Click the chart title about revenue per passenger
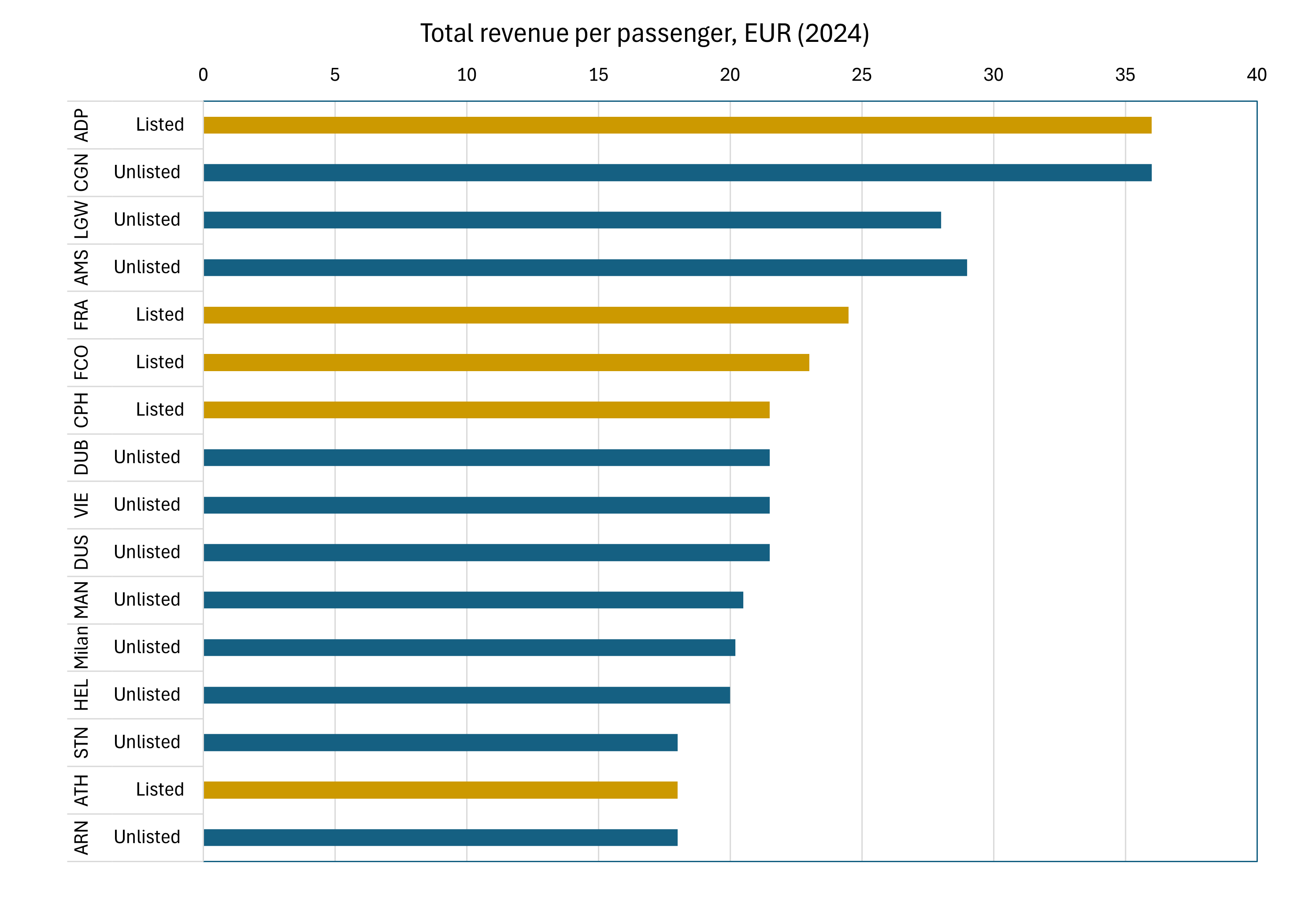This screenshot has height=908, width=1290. pos(645,34)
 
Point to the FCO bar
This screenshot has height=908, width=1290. pos(506,363)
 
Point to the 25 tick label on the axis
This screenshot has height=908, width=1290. pos(861,75)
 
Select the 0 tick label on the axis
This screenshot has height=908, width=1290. pos(204,75)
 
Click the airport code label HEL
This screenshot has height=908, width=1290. pos(82,695)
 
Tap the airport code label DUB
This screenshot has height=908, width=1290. pos(82,458)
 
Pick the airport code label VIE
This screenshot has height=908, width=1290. pos(82,505)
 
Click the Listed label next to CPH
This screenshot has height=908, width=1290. pos(159,409)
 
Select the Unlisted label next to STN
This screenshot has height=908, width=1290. pos(147,742)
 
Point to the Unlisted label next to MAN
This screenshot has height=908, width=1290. pos(147,599)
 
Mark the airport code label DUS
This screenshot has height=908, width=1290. pos(82,553)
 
